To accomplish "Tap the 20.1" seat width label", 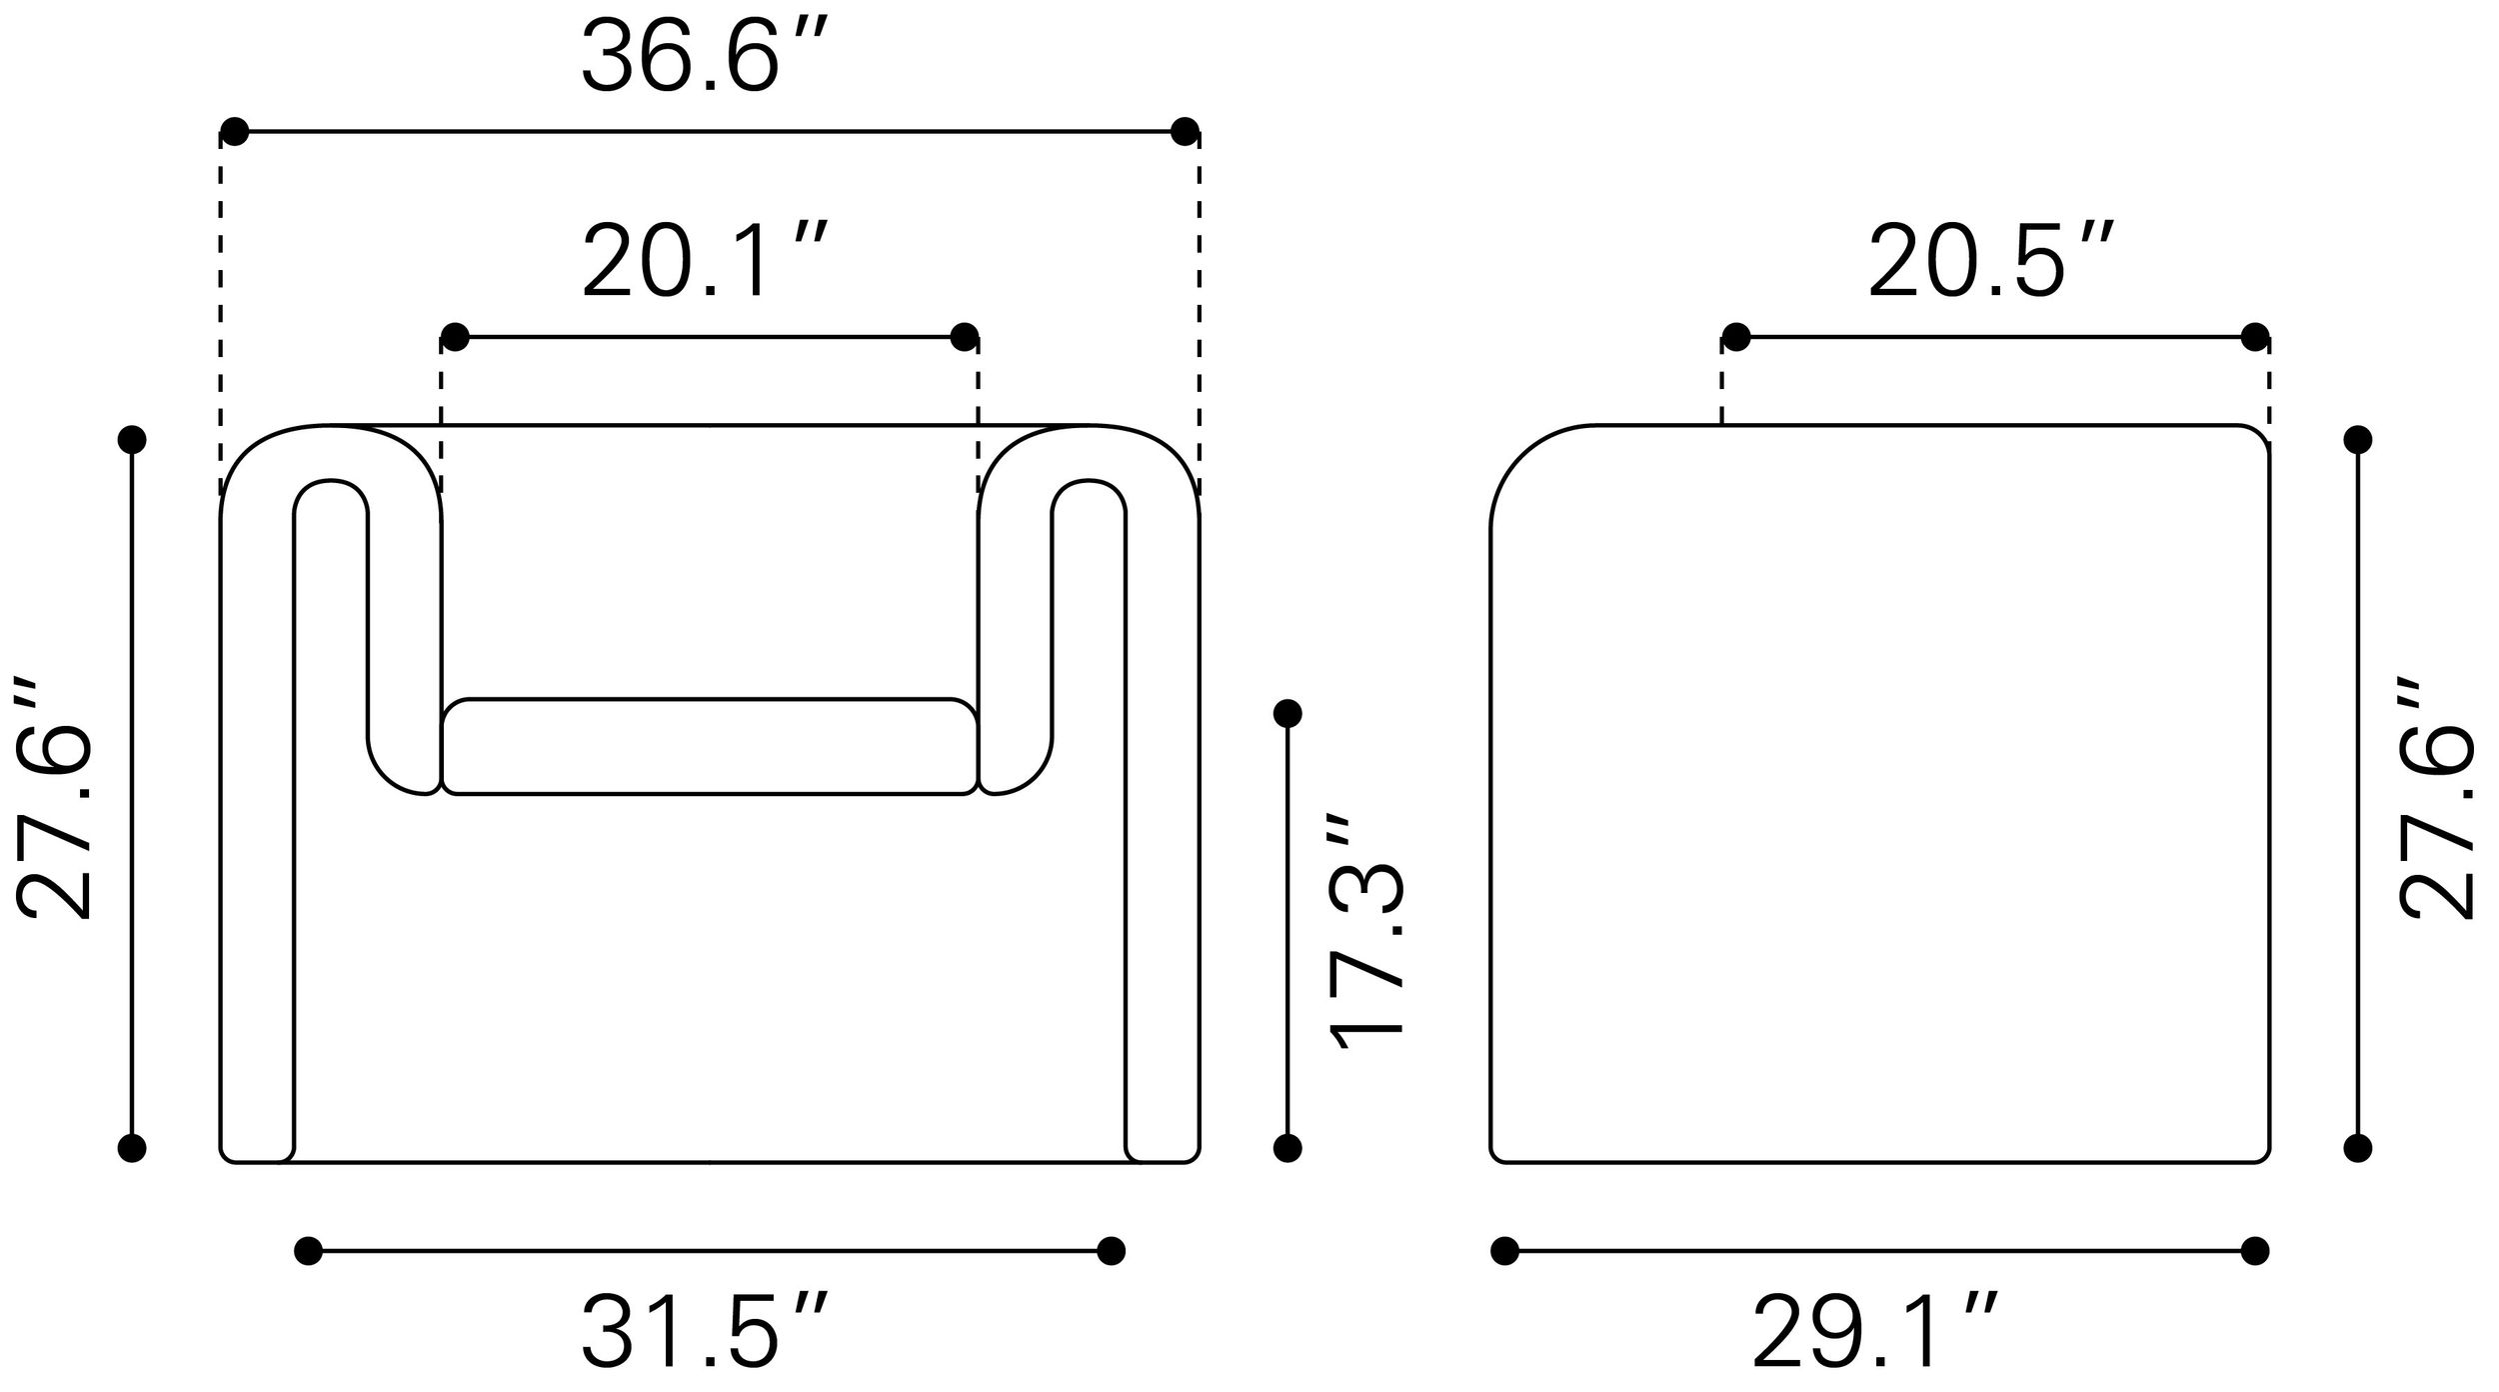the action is pos(706,262).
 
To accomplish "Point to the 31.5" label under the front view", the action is pos(706,1330).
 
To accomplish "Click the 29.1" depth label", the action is pos(1875,1330).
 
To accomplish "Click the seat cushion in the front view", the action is pos(710,746).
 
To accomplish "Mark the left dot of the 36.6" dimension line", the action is pos(234,131).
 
